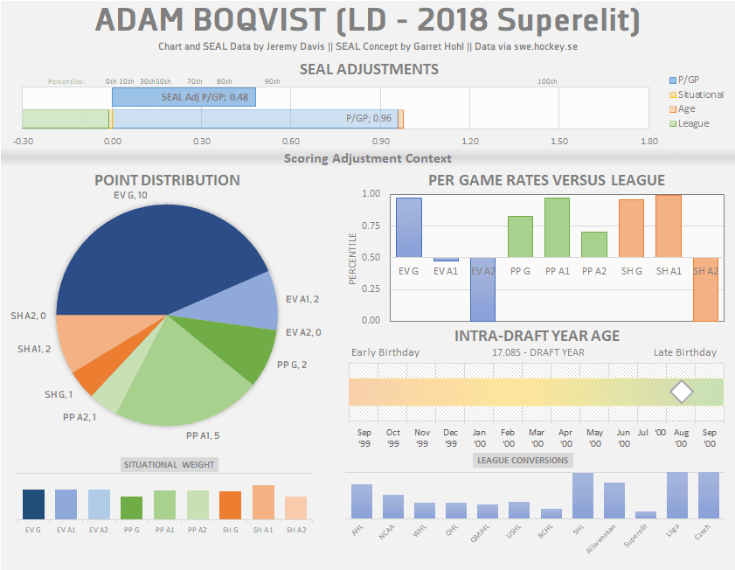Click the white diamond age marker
[x=681, y=393]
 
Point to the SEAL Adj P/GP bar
[x=184, y=97]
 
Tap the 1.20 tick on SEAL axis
[x=470, y=141]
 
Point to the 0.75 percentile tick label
[x=371, y=226]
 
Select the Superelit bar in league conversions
[x=646, y=515]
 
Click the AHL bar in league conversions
[x=362, y=501]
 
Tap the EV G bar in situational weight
[x=33, y=504]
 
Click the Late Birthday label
[x=684, y=352]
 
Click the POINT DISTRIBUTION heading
[x=167, y=180]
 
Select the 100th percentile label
[x=547, y=81]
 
